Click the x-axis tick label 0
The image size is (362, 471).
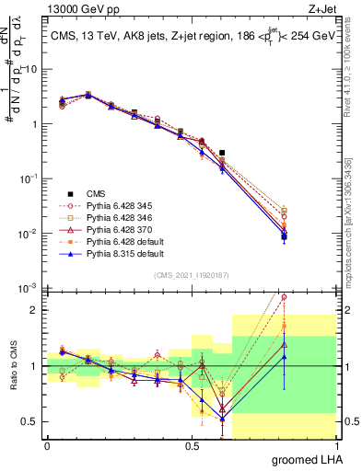click(x=46, y=445)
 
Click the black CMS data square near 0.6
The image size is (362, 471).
click(x=222, y=153)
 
